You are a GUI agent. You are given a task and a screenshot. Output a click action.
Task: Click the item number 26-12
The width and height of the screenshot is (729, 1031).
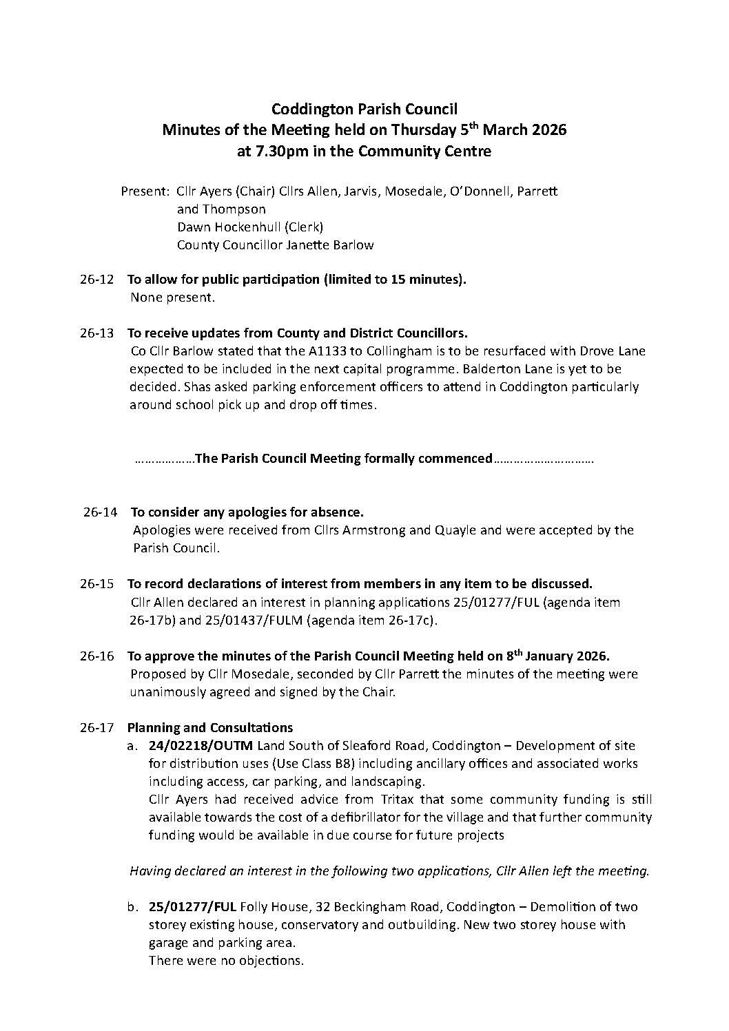tap(96, 280)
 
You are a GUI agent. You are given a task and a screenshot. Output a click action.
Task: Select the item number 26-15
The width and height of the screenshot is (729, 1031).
tap(96, 584)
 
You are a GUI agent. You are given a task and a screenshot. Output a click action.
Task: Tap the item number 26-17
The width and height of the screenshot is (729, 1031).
tap(96, 728)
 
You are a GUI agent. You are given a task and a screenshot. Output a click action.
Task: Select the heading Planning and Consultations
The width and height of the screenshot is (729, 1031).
tap(210, 728)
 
